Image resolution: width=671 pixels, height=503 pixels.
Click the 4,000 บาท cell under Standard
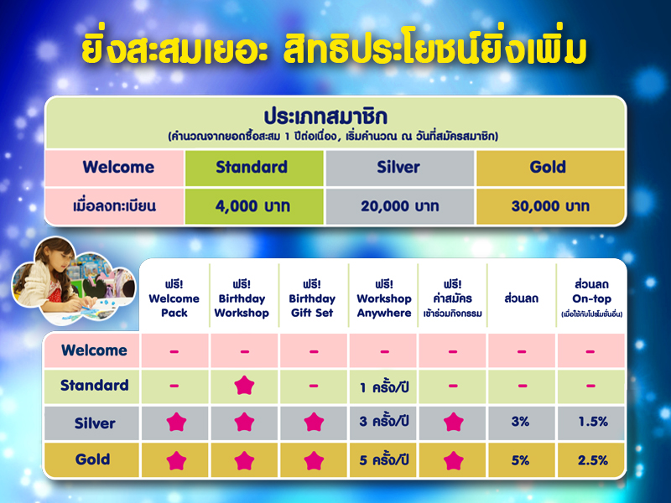(254, 206)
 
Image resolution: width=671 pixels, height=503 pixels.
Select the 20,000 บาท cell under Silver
(400, 206)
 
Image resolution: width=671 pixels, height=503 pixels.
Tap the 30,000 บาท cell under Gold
(550, 206)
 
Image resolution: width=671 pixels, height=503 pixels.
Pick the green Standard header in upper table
(254, 167)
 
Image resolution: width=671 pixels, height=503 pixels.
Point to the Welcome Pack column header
(174, 298)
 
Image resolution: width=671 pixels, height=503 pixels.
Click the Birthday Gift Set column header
(312, 298)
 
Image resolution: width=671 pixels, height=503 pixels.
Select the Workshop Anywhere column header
(384, 298)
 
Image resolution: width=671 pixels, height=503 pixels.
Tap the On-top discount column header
(591, 298)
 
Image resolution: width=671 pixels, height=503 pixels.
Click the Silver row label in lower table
(95, 423)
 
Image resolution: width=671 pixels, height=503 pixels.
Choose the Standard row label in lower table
(94, 385)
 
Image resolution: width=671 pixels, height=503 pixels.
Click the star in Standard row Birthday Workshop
(244, 386)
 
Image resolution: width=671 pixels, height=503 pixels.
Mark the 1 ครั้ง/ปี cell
(384, 387)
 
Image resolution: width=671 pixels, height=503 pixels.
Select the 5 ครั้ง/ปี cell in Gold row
(384, 459)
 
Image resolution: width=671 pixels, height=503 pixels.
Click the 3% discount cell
(520, 422)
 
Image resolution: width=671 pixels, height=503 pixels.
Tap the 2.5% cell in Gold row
(593, 460)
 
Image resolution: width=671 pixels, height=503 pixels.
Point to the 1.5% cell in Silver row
(593, 422)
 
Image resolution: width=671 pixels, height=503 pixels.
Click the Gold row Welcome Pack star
(176, 460)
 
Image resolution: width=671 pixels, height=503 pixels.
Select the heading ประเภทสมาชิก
(325, 117)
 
